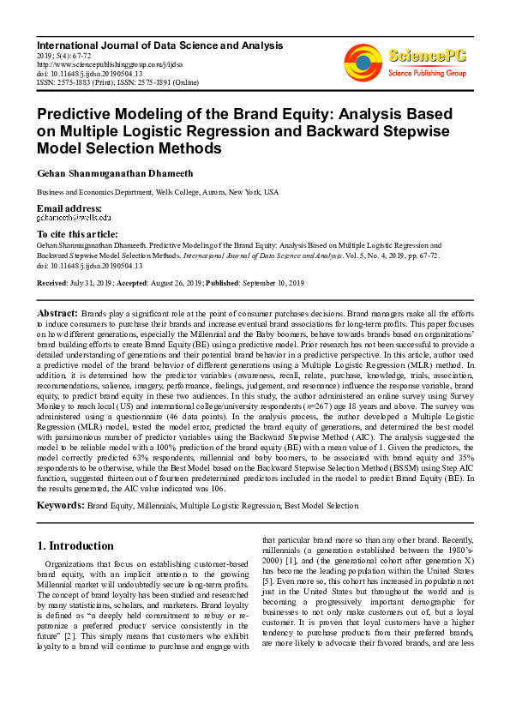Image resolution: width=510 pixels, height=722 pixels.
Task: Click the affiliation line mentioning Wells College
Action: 157,193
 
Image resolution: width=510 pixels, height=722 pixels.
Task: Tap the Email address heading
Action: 69,209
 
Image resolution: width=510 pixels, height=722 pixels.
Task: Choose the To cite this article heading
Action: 77,234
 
